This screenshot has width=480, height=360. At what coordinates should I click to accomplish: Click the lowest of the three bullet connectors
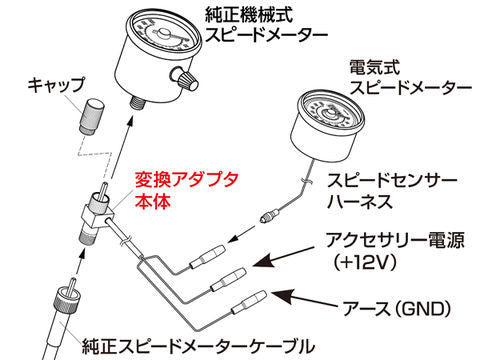pos(251,300)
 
